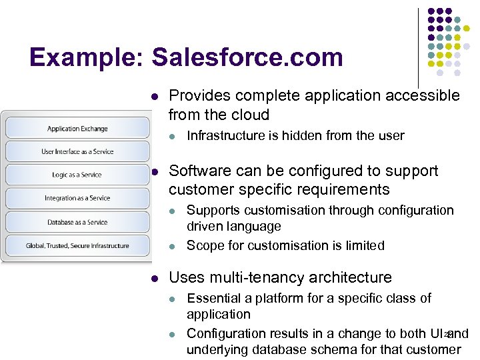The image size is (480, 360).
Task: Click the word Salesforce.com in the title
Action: [x=247, y=57]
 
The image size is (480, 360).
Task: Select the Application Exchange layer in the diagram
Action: [x=77, y=129]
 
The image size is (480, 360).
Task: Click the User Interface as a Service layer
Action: [x=77, y=151]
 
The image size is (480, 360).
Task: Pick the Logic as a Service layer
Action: [x=77, y=175]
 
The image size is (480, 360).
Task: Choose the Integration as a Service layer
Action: [x=77, y=198]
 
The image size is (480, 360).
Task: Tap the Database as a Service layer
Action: [x=77, y=222]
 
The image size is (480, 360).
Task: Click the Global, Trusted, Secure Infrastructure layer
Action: [x=77, y=245]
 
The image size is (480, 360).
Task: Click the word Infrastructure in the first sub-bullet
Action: [x=225, y=136]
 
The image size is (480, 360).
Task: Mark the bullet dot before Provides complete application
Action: [x=155, y=96]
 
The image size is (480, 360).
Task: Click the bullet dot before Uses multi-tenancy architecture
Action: [x=155, y=278]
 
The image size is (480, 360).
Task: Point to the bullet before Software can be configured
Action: [x=155, y=171]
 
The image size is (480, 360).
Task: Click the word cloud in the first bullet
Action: [x=249, y=114]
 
